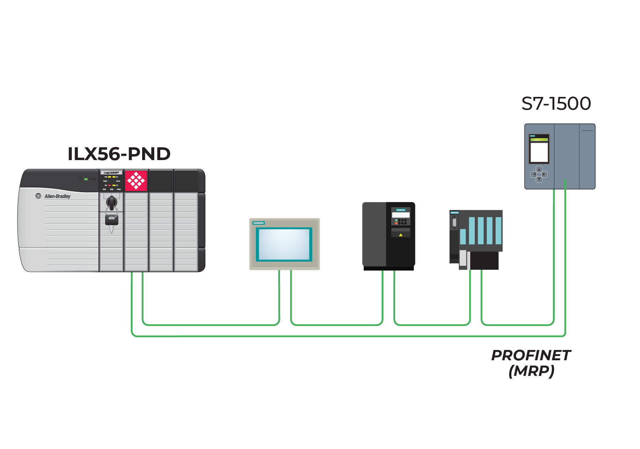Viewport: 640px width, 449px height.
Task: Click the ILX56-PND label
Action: (x=119, y=154)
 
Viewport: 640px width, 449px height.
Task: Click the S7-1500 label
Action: (x=556, y=104)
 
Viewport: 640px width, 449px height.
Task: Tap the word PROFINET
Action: (x=531, y=355)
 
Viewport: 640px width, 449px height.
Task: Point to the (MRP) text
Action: (x=531, y=371)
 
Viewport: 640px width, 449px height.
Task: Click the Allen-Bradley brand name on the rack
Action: (x=57, y=196)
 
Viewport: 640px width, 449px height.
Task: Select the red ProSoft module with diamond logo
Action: (x=136, y=181)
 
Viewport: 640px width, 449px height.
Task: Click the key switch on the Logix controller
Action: (x=112, y=203)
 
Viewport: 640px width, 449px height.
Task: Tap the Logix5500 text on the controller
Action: (x=111, y=173)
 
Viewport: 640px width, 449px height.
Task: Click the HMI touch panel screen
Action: (x=284, y=244)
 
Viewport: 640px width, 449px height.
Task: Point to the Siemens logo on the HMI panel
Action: (x=259, y=223)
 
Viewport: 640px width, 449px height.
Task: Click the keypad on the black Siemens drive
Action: (x=401, y=222)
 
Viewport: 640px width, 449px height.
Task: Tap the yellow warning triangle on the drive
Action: (x=400, y=235)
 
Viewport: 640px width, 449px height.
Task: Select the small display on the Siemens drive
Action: (x=400, y=215)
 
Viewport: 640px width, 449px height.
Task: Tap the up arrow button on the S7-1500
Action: (x=539, y=169)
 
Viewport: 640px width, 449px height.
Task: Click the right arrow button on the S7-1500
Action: (x=544, y=174)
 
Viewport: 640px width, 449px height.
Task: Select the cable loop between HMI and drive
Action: (x=337, y=324)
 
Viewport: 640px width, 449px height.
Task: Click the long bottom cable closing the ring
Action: (x=348, y=336)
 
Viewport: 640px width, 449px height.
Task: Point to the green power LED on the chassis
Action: (x=86, y=179)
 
